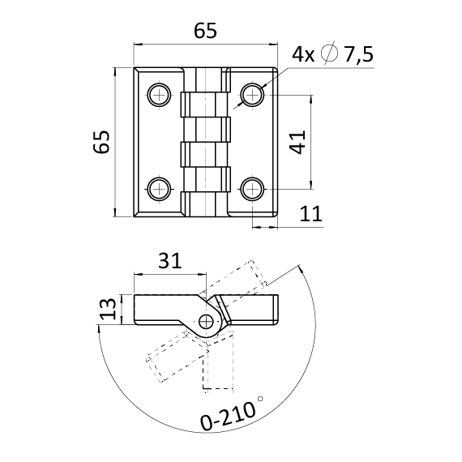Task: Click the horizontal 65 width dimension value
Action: (205, 30)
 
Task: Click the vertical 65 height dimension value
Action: (101, 142)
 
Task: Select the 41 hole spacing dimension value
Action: (297, 143)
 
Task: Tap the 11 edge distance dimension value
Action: (311, 214)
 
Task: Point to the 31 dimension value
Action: (170, 260)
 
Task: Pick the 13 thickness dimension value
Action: (108, 309)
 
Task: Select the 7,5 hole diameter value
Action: (358, 54)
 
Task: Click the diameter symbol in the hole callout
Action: (329, 53)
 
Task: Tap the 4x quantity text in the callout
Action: (303, 54)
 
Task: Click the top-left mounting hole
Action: (160, 95)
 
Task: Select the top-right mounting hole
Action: (253, 95)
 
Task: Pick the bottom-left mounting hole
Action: (160, 189)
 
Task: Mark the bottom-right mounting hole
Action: (253, 189)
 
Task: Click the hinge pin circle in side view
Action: (206, 322)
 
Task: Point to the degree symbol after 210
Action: (260, 399)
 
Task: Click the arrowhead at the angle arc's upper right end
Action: (300, 268)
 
